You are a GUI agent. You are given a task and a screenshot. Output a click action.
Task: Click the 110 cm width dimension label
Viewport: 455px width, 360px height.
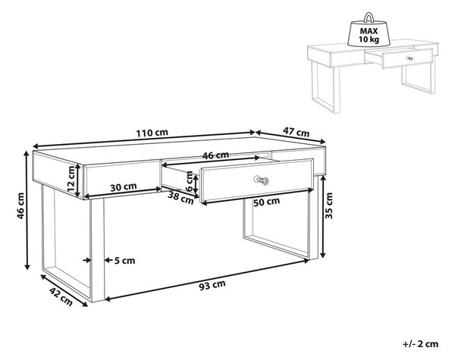(152, 133)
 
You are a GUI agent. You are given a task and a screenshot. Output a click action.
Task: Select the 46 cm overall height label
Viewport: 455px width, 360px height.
(20, 205)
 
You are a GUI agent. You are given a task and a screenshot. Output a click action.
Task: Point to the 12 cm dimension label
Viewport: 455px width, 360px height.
(71, 179)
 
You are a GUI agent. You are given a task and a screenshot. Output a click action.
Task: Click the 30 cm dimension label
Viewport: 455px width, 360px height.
(124, 186)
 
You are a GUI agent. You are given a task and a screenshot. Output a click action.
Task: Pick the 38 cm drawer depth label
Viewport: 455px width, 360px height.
(180, 199)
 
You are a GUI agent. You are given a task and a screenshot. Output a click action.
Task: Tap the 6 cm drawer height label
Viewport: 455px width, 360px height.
(189, 181)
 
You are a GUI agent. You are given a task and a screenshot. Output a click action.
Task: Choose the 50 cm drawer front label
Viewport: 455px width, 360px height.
(266, 202)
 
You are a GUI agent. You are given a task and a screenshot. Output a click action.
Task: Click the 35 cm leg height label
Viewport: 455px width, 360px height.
(329, 205)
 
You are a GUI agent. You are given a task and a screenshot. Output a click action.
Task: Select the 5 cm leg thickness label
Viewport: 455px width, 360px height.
(124, 261)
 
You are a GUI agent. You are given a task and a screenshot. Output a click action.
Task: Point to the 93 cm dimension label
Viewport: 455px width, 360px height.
(212, 285)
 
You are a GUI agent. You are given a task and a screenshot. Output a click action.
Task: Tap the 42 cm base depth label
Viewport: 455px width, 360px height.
(61, 296)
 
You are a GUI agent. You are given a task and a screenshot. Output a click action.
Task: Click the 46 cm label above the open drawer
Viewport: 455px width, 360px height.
(215, 155)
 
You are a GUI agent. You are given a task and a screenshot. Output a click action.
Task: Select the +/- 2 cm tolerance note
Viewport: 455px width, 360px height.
(420, 344)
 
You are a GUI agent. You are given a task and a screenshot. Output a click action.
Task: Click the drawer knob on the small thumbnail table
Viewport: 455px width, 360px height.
(409, 58)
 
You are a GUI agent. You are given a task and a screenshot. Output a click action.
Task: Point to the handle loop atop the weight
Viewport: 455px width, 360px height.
(369, 17)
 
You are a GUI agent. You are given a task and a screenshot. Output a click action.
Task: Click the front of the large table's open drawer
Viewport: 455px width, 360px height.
(257, 180)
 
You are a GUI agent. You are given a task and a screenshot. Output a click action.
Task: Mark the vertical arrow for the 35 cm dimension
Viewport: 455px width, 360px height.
(322, 217)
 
